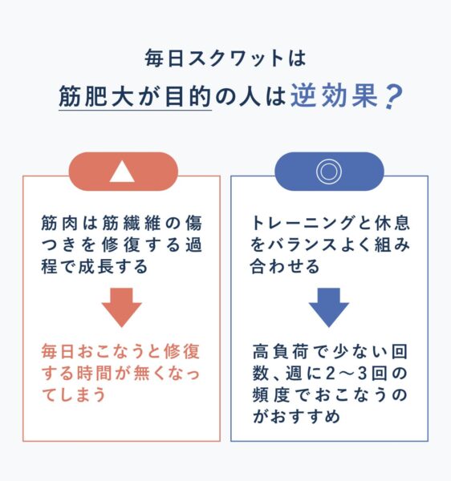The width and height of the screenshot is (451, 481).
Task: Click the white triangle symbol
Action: pos(122,172)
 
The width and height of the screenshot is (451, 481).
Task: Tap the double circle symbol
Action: pos(329,172)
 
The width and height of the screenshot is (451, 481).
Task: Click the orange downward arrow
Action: pos(122,307)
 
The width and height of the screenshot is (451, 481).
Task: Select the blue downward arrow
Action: pos(329,307)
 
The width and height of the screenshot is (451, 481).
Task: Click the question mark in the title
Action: pos(392,97)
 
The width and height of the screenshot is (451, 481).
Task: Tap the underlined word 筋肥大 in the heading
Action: pos(96,96)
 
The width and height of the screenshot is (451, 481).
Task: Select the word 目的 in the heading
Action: pos(188,96)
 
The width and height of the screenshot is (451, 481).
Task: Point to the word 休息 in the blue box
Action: pos(392,223)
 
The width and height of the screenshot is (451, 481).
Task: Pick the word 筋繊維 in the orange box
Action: pos(132,223)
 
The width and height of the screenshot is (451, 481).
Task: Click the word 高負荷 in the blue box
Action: pos(280,352)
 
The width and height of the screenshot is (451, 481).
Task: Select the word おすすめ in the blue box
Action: pos(306,416)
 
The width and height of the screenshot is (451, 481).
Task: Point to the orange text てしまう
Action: pos(74,394)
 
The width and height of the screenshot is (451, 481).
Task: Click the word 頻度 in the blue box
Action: pos(270,394)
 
